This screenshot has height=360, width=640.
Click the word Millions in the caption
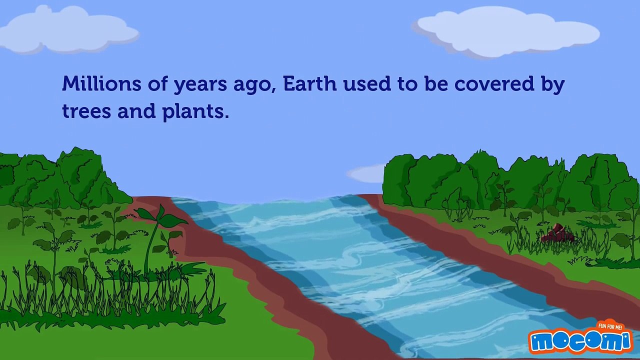101,83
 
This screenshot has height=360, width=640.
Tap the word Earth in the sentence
309,83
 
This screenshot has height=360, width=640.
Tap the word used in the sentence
366,83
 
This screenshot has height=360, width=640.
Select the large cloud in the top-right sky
507,31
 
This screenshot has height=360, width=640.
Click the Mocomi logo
580,341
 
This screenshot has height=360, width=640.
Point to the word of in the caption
157,83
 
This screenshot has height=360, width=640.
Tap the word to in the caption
407,84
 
